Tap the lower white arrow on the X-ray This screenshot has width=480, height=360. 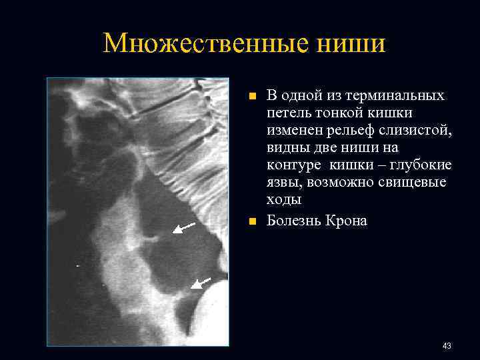point(201,283)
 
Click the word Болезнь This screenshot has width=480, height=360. point(293,221)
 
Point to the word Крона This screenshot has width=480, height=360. point(345,221)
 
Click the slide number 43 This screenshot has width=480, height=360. point(447,345)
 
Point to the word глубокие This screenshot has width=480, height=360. point(421,165)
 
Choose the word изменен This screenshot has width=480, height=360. point(293,130)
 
